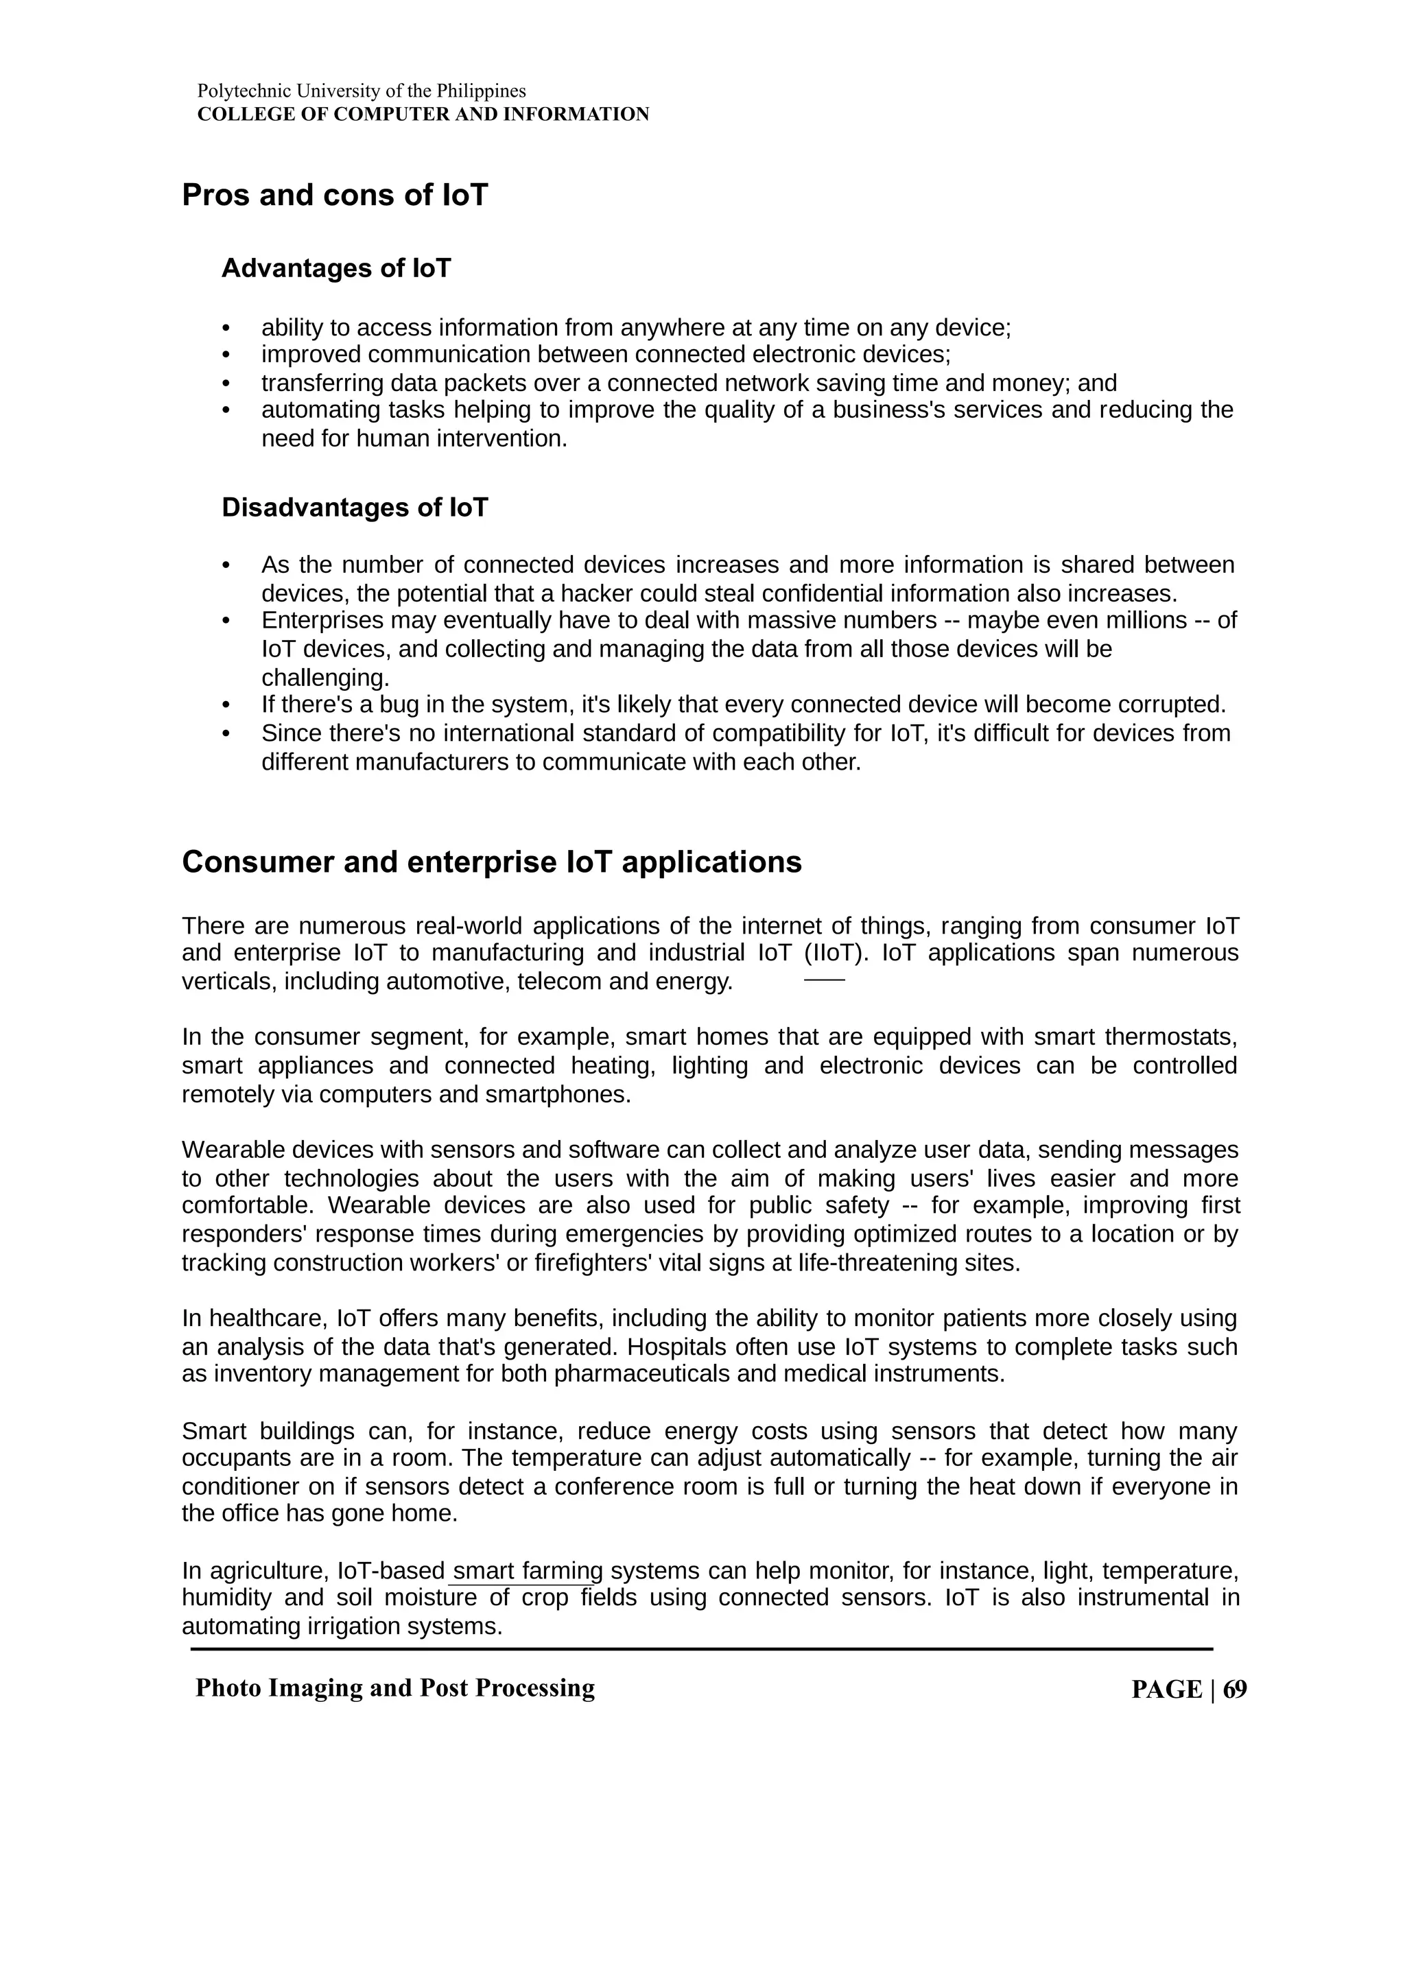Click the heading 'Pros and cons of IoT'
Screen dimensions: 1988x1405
tap(334, 196)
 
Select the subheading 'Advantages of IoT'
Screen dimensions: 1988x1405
tap(336, 268)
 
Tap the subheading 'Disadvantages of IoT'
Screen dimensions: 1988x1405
tap(354, 508)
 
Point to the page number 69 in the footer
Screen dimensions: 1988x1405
tap(1236, 1690)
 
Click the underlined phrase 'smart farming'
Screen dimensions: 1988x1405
tap(527, 1572)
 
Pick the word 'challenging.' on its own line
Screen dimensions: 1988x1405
tap(325, 677)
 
